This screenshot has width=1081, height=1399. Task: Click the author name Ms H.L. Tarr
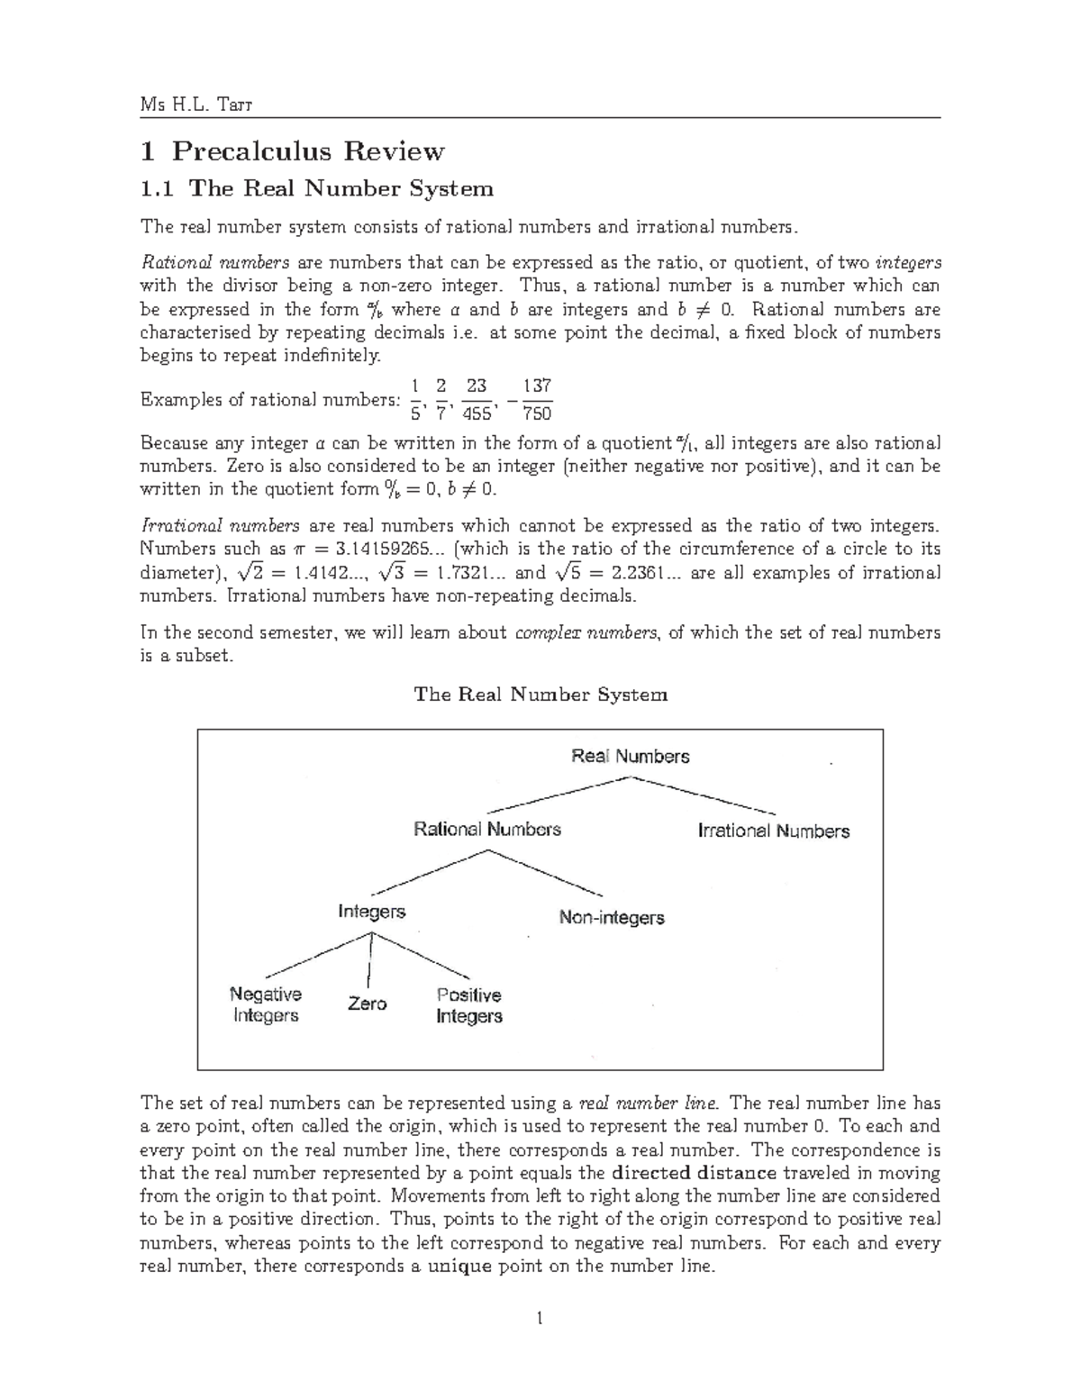196,104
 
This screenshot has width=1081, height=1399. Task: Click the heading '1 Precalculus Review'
292,150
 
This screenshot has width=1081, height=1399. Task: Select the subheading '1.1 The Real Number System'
316,188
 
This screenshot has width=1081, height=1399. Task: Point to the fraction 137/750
537,400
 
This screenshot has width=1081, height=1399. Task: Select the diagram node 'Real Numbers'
631,757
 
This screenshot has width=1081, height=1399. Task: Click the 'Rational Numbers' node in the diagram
487,829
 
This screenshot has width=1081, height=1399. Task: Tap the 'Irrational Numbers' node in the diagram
774,831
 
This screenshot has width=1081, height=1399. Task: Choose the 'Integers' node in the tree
372,912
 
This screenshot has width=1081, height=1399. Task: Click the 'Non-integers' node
612,918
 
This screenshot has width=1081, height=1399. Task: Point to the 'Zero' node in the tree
368,1004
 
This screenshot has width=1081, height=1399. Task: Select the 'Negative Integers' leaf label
266,1004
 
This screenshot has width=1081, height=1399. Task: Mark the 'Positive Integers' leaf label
468,1005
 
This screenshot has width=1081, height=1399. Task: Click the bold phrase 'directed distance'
694,1173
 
